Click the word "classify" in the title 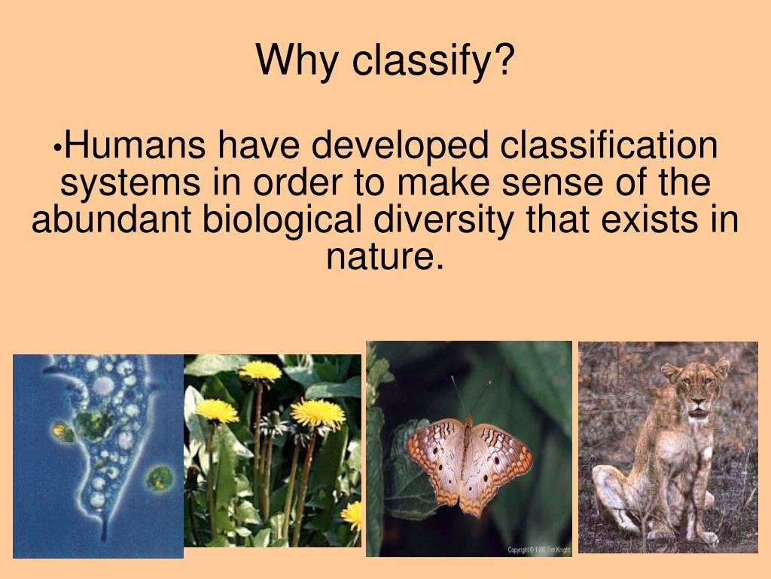[422, 61]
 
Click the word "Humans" [135, 145]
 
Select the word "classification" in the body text [608, 145]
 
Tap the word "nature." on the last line [385, 257]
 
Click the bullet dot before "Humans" [59, 148]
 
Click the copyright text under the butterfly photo [539, 550]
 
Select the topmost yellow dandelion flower [260, 370]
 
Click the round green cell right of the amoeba [160, 478]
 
